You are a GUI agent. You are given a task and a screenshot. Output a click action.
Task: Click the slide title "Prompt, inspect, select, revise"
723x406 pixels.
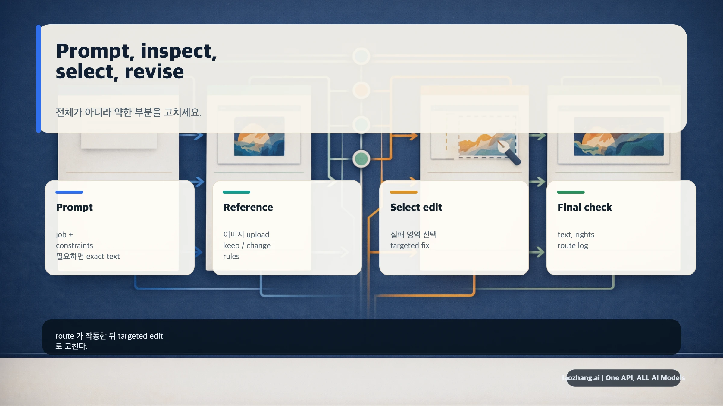pyautogui.click(x=136, y=61)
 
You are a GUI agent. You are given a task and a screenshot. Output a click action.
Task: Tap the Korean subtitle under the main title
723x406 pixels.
pyautogui.click(x=129, y=112)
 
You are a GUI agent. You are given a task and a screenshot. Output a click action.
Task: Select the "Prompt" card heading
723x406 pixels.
pyautogui.click(x=74, y=207)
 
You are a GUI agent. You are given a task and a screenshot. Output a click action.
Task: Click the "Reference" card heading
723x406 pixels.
pyautogui.click(x=248, y=207)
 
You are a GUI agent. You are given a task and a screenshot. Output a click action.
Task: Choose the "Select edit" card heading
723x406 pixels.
pyautogui.click(x=416, y=207)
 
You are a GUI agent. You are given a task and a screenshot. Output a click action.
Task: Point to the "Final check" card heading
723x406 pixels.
pyautogui.click(x=584, y=207)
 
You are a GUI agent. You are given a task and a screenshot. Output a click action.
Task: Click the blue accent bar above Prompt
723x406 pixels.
pyautogui.click(x=69, y=192)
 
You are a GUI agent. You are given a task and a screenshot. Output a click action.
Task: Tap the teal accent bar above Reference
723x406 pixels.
pyautogui.click(x=236, y=192)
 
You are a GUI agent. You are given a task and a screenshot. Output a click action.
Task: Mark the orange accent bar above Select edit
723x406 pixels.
pyautogui.click(x=404, y=192)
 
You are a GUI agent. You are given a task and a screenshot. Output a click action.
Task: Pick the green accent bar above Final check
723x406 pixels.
pyautogui.click(x=571, y=192)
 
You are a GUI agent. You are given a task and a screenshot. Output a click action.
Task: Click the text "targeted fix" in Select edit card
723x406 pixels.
pyautogui.click(x=410, y=245)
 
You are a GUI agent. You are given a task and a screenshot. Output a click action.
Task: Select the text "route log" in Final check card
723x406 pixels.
pyautogui.click(x=573, y=245)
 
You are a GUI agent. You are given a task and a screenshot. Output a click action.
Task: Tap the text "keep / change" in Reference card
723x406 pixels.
pyautogui.click(x=247, y=245)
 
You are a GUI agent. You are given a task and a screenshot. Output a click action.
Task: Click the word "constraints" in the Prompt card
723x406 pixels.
pyautogui.click(x=74, y=245)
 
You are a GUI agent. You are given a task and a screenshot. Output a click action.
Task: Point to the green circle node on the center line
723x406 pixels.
pyautogui.click(x=361, y=159)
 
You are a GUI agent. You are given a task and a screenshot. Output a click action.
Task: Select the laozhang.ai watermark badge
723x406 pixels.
pyautogui.click(x=623, y=378)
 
